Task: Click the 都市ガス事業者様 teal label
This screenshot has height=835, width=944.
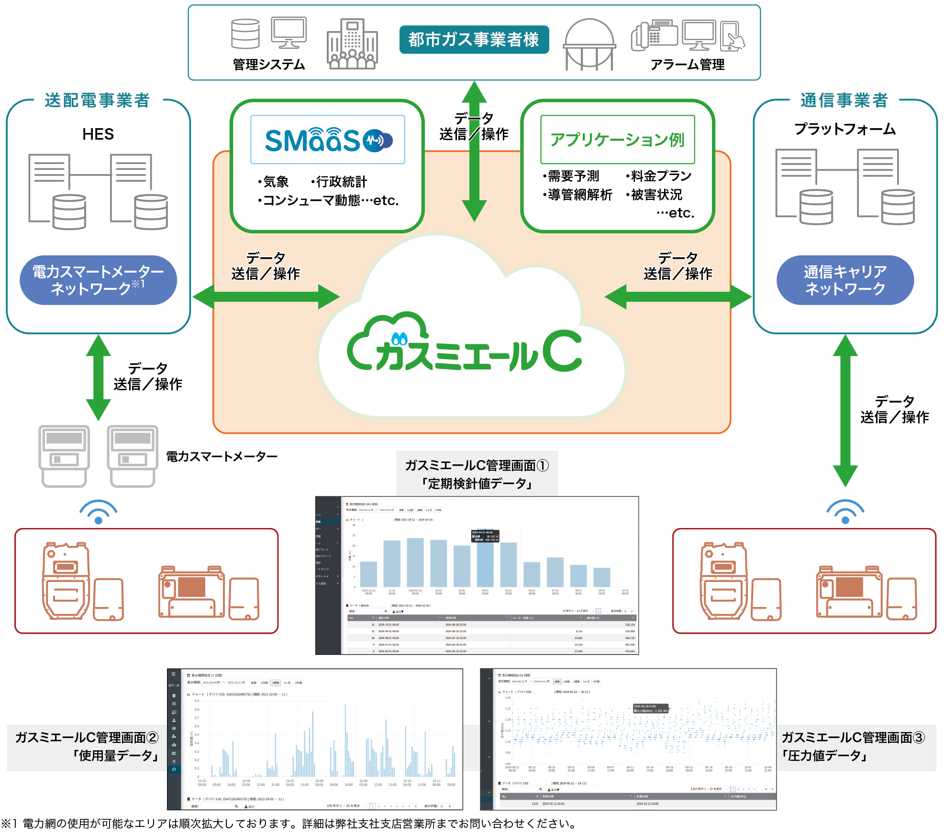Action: tap(474, 40)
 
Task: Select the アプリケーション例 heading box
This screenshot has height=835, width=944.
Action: tap(617, 140)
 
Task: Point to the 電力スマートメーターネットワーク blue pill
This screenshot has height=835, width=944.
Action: tap(98, 280)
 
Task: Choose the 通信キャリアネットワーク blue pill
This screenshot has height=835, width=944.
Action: tap(845, 280)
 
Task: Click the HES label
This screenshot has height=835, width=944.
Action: tap(98, 134)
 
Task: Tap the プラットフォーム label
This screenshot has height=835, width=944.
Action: tap(845, 129)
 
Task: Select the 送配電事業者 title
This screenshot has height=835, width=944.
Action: tap(98, 100)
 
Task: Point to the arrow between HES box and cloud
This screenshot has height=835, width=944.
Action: tap(266, 297)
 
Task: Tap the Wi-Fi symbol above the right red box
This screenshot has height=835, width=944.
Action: tap(845, 512)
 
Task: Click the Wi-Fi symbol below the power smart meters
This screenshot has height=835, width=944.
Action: tap(99, 512)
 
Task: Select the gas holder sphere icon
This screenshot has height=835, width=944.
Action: tap(589, 44)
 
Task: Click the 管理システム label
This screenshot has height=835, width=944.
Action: tap(269, 65)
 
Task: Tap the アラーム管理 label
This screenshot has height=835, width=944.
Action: tap(687, 65)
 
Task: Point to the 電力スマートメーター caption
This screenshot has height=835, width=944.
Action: tap(222, 457)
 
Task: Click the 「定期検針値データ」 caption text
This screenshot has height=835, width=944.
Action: tap(477, 483)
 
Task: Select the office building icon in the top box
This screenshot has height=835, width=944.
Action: tap(352, 44)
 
